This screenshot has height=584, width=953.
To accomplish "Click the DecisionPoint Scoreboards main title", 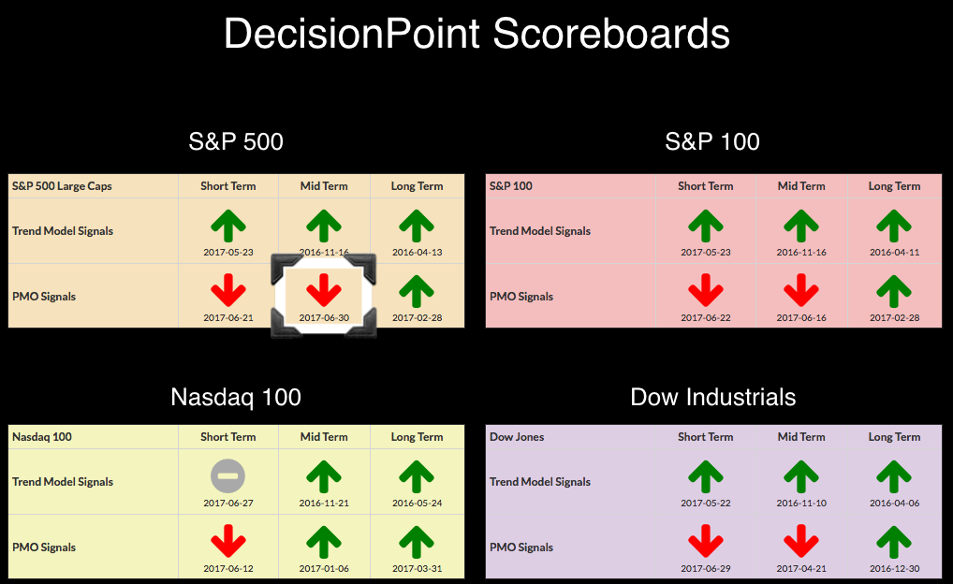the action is (476, 34).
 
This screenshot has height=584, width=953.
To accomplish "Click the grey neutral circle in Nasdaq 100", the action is (227, 475).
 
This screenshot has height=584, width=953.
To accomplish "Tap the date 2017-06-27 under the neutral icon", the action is (227, 504).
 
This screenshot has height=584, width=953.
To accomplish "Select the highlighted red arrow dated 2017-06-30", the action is (323, 290).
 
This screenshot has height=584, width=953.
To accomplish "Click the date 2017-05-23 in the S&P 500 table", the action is (227, 252).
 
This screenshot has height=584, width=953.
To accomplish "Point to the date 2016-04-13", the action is (417, 252).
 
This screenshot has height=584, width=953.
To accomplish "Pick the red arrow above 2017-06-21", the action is (227, 290).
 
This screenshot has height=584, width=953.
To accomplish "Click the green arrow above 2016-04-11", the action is (894, 226).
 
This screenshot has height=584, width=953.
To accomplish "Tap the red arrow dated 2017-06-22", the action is (706, 290).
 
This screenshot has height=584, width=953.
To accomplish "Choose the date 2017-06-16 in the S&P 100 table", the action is (801, 318).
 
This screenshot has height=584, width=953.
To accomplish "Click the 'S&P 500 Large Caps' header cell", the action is (62, 186).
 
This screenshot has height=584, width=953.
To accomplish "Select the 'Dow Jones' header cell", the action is (517, 437).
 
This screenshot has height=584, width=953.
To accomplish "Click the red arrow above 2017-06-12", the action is (227, 541).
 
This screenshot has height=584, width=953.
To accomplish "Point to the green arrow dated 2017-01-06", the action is (323, 542).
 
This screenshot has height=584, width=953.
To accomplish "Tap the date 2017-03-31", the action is (417, 569).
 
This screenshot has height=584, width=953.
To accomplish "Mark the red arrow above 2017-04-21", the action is (801, 541).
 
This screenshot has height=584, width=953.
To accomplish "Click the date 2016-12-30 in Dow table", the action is (894, 569).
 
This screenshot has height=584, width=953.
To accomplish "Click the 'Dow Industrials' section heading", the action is (713, 398).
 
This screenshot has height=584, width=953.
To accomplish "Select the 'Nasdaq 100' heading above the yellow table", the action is (236, 398).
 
